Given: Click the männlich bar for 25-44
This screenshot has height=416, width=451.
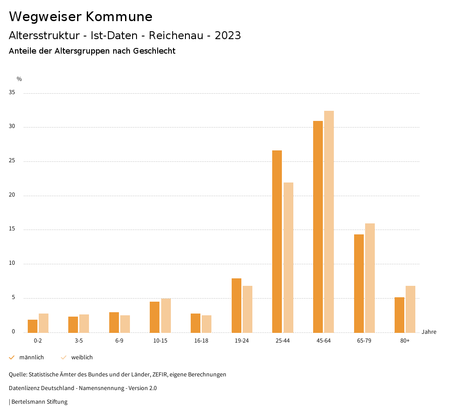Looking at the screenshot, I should pos(277,241).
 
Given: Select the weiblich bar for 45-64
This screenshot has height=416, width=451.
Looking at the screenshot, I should pos(329,222).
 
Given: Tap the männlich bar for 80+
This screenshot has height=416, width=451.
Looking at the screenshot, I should pos(399,315).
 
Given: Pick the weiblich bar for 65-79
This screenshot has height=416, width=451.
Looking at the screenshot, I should pos(370,278).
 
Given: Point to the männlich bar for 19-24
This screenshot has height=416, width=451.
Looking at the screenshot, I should pos(237,305).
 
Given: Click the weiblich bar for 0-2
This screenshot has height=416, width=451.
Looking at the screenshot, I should pos(44,323).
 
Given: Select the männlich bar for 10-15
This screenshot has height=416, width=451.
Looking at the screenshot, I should pos(155,317).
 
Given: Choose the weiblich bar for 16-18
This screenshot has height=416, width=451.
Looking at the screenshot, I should pos(207,324).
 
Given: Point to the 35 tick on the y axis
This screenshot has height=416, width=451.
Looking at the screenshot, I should pos(12,93).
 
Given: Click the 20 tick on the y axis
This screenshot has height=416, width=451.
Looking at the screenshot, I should pos(12,195).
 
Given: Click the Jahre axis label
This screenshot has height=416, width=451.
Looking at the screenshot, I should pos(429,332).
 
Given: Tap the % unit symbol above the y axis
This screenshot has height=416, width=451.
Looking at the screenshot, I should pos(19,79).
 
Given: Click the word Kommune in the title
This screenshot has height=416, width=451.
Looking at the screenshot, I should pos(119,17).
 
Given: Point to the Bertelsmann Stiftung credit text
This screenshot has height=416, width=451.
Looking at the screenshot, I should pos(39,402).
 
